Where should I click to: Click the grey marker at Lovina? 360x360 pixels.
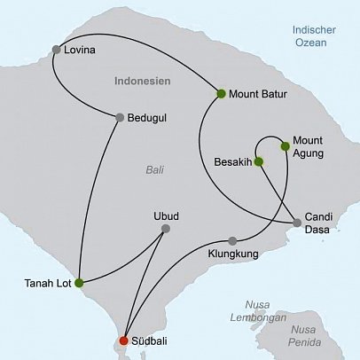point(57,50)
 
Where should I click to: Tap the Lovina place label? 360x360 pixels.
point(80,50)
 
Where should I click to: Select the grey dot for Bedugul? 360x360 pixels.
point(119,117)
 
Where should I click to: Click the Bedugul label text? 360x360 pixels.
point(146,117)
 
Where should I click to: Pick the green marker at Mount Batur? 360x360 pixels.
point(220,93)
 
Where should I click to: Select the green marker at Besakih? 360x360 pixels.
point(258,162)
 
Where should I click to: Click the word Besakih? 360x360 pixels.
point(233,162)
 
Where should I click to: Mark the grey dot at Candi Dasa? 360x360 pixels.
point(298,223)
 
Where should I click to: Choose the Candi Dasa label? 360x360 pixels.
point(318,222)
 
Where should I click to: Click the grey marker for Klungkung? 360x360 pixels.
point(232,241)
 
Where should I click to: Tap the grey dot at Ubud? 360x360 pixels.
point(166,229)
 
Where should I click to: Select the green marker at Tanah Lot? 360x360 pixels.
point(79,284)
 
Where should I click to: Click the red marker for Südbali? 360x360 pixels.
point(123,340)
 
